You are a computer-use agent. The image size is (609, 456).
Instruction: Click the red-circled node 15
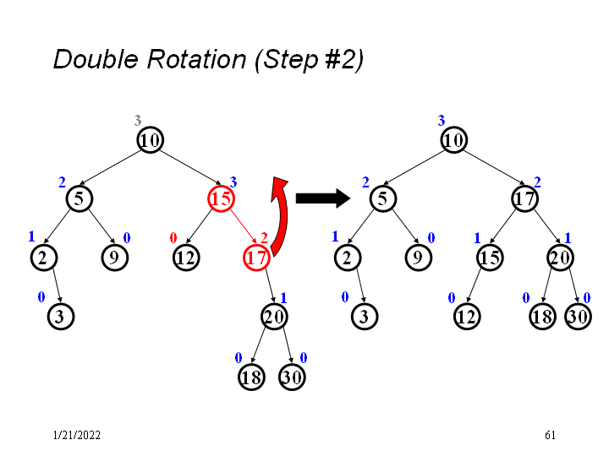click(221, 198)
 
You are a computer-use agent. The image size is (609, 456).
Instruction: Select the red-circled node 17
click(256, 258)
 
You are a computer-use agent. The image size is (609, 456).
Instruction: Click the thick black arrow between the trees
click(322, 198)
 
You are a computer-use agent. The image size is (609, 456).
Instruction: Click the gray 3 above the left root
click(138, 121)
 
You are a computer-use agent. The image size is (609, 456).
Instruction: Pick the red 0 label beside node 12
click(173, 238)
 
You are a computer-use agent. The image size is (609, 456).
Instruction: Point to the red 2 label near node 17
click(264, 238)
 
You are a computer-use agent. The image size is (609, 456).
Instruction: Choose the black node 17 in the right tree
click(524, 198)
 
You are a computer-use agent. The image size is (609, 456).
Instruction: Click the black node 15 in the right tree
click(490, 258)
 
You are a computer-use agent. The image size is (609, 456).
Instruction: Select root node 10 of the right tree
click(454, 139)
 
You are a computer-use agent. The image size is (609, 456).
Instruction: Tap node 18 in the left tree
click(251, 377)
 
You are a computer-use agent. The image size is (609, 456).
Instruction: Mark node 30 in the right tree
click(578, 318)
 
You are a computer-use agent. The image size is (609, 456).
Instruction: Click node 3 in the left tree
click(60, 318)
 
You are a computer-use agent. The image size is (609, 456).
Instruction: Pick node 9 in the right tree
click(417, 258)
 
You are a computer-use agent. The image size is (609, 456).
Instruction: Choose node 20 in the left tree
click(274, 318)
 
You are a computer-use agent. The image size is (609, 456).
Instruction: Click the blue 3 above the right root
click(441, 121)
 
